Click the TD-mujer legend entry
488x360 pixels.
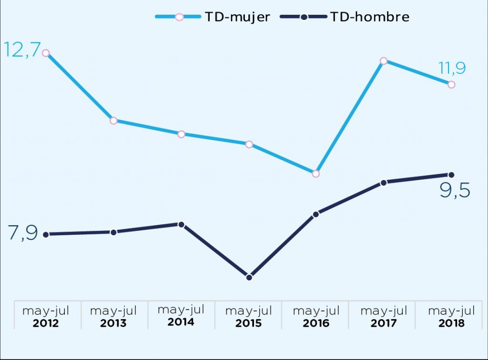pyautogui.click(x=213, y=17)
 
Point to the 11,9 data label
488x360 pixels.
pyautogui.click(x=452, y=69)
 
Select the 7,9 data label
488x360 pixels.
pyautogui.click(x=23, y=234)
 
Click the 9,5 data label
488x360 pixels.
pyautogui.click(x=454, y=191)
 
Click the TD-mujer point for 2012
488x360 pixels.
pyautogui.click(x=46, y=53)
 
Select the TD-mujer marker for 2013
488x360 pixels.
pyautogui.click(x=113, y=120)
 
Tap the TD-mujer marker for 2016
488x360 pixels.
pyautogui.click(x=316, y=173)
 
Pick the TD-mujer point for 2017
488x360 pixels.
pyautogui.click(x=384, y=61)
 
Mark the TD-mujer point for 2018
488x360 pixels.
pyautogui.click(x=451, y=85)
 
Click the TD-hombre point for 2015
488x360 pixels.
pyautogui.click(x=249, y=277)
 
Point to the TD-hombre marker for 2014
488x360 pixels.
pyautogui.click(x=181, y=224)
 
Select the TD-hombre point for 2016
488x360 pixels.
pyautogui.click(x=316, y=214)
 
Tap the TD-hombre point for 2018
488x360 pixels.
pyautogui.click(x=451, y=175)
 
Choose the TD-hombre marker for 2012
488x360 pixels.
pyautogui.click(x=46, y=234)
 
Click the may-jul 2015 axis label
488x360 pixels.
pyautogui.click(x=249, y=317)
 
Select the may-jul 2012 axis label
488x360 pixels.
pyautogui.click(x=46, y=317)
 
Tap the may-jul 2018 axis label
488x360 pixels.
pyautogui.click(x=451, y=317)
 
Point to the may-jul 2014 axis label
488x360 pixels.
pyautogui.click(x=181, y=316)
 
